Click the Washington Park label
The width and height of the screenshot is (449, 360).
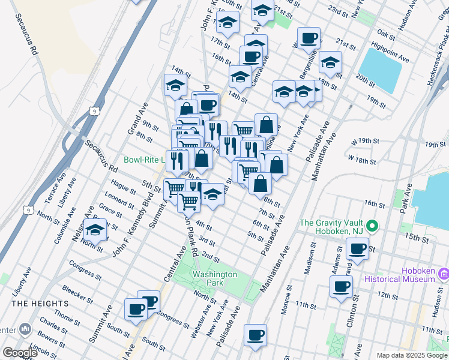215,278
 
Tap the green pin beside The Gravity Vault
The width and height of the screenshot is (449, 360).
372,226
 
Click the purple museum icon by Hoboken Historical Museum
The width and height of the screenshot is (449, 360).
444,274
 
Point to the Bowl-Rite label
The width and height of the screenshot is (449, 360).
145,160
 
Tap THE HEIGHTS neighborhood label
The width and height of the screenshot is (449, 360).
37,304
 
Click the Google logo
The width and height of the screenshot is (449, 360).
20,353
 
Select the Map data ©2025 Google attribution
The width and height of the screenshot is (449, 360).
412,355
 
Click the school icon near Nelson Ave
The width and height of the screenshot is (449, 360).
95,229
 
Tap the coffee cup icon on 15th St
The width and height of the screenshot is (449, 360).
357,248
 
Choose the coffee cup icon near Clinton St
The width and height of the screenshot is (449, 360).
342,286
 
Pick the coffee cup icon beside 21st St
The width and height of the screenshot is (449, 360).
309,38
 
